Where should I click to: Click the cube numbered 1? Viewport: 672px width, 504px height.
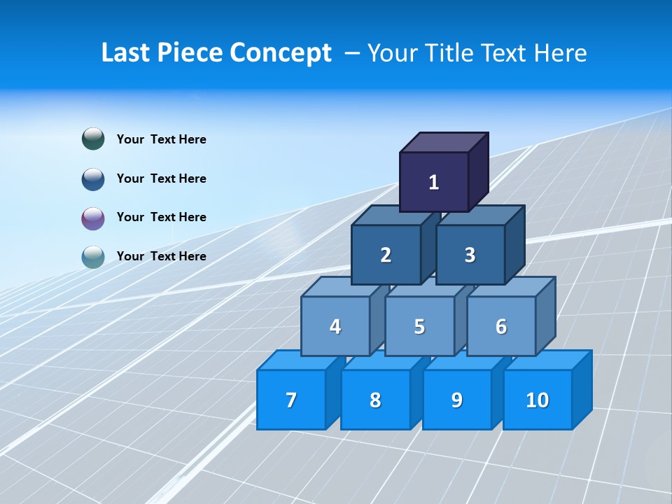tap(433, 182)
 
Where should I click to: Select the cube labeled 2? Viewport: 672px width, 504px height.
tap(386, 255)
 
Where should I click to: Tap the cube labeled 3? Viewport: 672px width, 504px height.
tap(470, 255)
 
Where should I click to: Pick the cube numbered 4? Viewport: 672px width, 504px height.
tap(335, 326)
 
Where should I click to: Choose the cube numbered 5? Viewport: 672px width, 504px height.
tap(419, 326)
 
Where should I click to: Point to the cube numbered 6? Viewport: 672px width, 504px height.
tap(500, 326)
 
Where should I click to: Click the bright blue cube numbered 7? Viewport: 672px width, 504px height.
tap(291, 400)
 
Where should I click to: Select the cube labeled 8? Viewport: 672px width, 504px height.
tap(375, 400)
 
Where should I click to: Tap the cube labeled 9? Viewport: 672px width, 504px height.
tap(456, 400)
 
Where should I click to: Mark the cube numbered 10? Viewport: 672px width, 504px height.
tap(537, 400)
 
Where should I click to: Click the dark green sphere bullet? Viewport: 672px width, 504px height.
tap(93, 139)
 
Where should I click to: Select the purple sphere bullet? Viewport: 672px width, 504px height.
tap(93, 218)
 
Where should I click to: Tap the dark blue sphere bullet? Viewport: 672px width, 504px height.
tap(93, 178)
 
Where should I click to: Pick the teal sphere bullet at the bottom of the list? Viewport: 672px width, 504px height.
tap(93, 257)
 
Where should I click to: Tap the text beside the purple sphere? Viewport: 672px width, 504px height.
tap(161, 217)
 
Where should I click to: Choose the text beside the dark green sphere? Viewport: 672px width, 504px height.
tap(161, 139)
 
